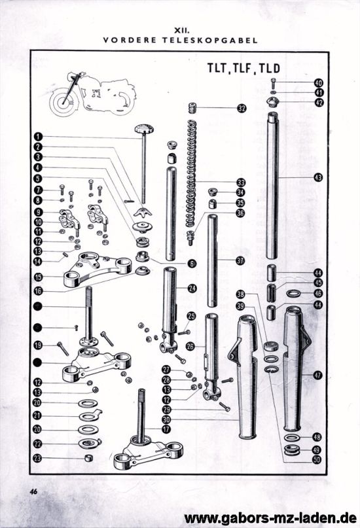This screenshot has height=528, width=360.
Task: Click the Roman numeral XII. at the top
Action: [x=180, y=30]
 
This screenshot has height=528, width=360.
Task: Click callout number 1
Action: [x=39, y=136]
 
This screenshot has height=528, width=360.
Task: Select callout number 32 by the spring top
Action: [x=242, y=109]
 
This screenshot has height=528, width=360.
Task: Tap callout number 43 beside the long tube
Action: [x=318, y=177]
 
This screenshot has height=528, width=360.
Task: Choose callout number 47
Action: [x=318, y=375]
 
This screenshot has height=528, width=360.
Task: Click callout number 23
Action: [x=39, y=459]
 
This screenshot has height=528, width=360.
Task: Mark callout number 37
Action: [x=240, y=260]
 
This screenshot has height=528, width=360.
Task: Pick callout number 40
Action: [x=318, y=83]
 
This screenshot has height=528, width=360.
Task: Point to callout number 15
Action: [x=39, y=277]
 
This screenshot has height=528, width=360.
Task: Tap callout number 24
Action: [x=192, y=288]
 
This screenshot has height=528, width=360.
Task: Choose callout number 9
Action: [x=39, y=212]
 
